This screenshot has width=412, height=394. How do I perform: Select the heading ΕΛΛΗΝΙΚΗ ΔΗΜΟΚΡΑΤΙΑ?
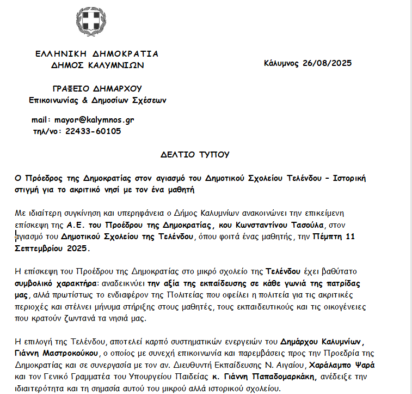tap(97, 54)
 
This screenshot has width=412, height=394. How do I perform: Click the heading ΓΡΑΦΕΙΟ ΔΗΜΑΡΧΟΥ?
tap(97, 88)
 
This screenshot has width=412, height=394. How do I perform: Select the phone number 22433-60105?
tap(93, 131)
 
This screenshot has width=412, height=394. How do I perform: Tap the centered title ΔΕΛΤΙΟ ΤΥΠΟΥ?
tap(195, 155)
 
